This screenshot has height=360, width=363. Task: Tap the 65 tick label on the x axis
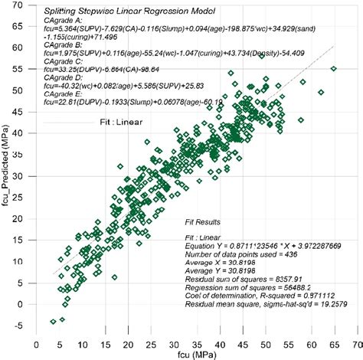tap(333, 341)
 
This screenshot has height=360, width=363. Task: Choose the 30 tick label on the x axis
tap(174, 341)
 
